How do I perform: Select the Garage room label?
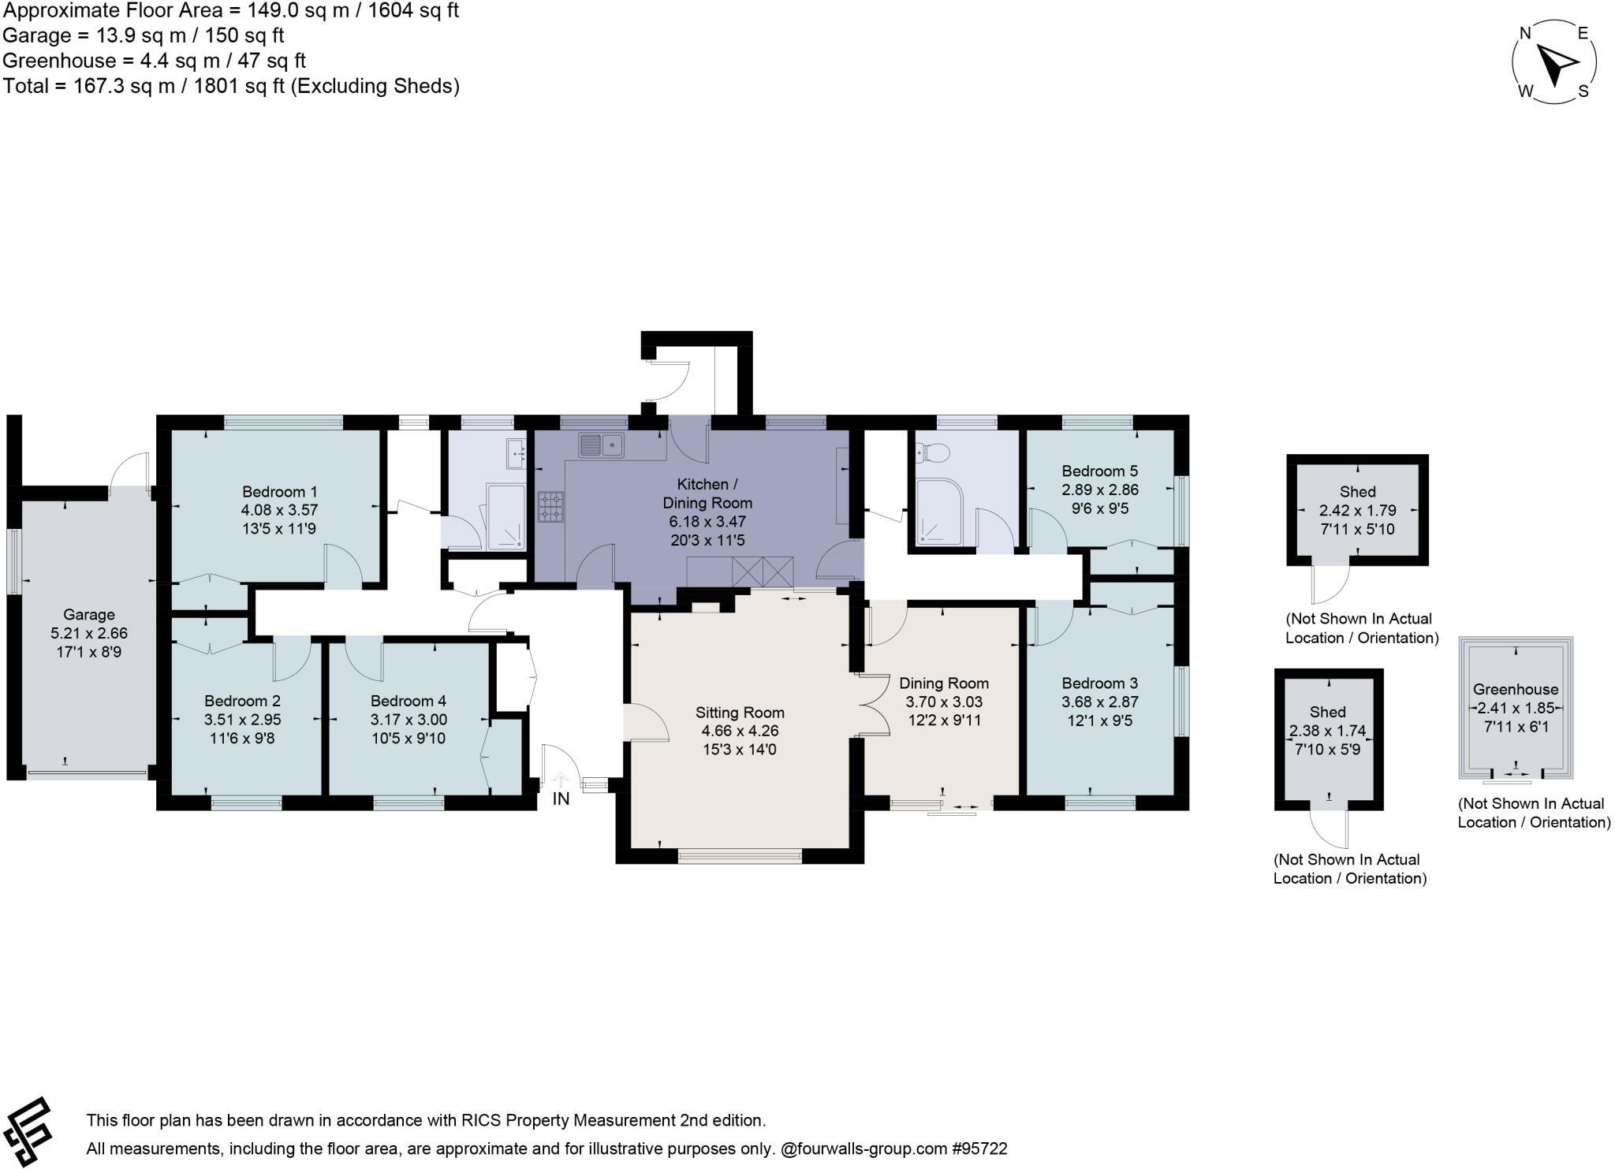click(x=89, y=614)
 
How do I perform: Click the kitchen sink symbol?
click(x=602, y=445)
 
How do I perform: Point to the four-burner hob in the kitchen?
click(x=550, y=507)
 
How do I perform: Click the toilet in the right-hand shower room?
click(x=934, y=452)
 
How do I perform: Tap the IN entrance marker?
click(x=561, y=799)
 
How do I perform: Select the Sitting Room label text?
click(x=740, y=713)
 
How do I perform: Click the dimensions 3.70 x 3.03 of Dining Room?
click(x=944, y=702)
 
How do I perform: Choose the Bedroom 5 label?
click(x=1099, y=471)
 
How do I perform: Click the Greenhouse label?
click(x=1516, y=689)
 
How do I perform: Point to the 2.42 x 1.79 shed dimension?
click(x=1358, y=510)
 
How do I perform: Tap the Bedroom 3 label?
click(x=1099, y=683)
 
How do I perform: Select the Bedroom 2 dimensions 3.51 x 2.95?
click(x=242, y=720)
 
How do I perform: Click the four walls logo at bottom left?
click(x=27, y=1132)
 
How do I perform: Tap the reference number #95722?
click(x=979, y=1149)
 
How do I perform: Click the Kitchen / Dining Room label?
click(x=707, y=493)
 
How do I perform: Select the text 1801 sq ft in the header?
click(x=242, y=86)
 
